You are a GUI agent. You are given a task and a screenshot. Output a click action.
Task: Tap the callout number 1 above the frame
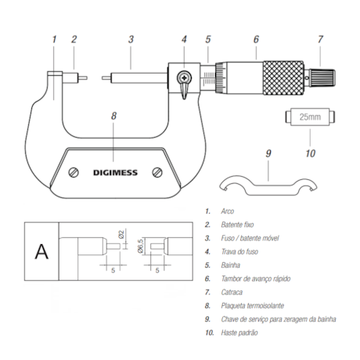54,38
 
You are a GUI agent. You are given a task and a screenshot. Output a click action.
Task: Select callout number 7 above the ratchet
320,38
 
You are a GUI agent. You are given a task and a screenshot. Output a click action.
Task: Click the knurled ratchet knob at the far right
325,76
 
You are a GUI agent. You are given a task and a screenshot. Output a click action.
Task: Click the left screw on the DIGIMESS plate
73,172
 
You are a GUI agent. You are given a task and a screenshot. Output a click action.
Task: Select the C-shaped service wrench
267,185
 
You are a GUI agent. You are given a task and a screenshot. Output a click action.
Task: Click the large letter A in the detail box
40,250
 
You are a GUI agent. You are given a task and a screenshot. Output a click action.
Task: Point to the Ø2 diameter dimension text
123,233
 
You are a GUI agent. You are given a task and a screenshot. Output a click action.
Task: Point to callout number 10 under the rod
310,153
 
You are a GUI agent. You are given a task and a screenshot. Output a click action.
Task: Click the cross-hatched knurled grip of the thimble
283,76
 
